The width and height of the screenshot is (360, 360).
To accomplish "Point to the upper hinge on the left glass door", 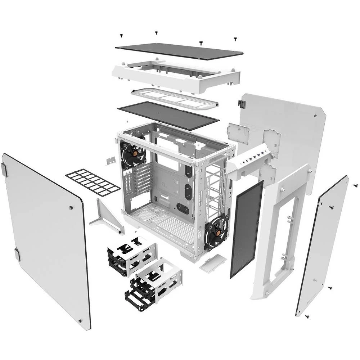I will [x=4, y=169].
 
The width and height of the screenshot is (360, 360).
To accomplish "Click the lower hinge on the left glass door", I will [x=17, y=254].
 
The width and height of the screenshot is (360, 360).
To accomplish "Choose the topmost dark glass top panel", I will [x=179, y=50].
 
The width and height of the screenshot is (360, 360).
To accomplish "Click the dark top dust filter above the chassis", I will [x=168, y=114].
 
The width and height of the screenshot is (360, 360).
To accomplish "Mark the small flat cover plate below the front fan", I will [x=212, y=263].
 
